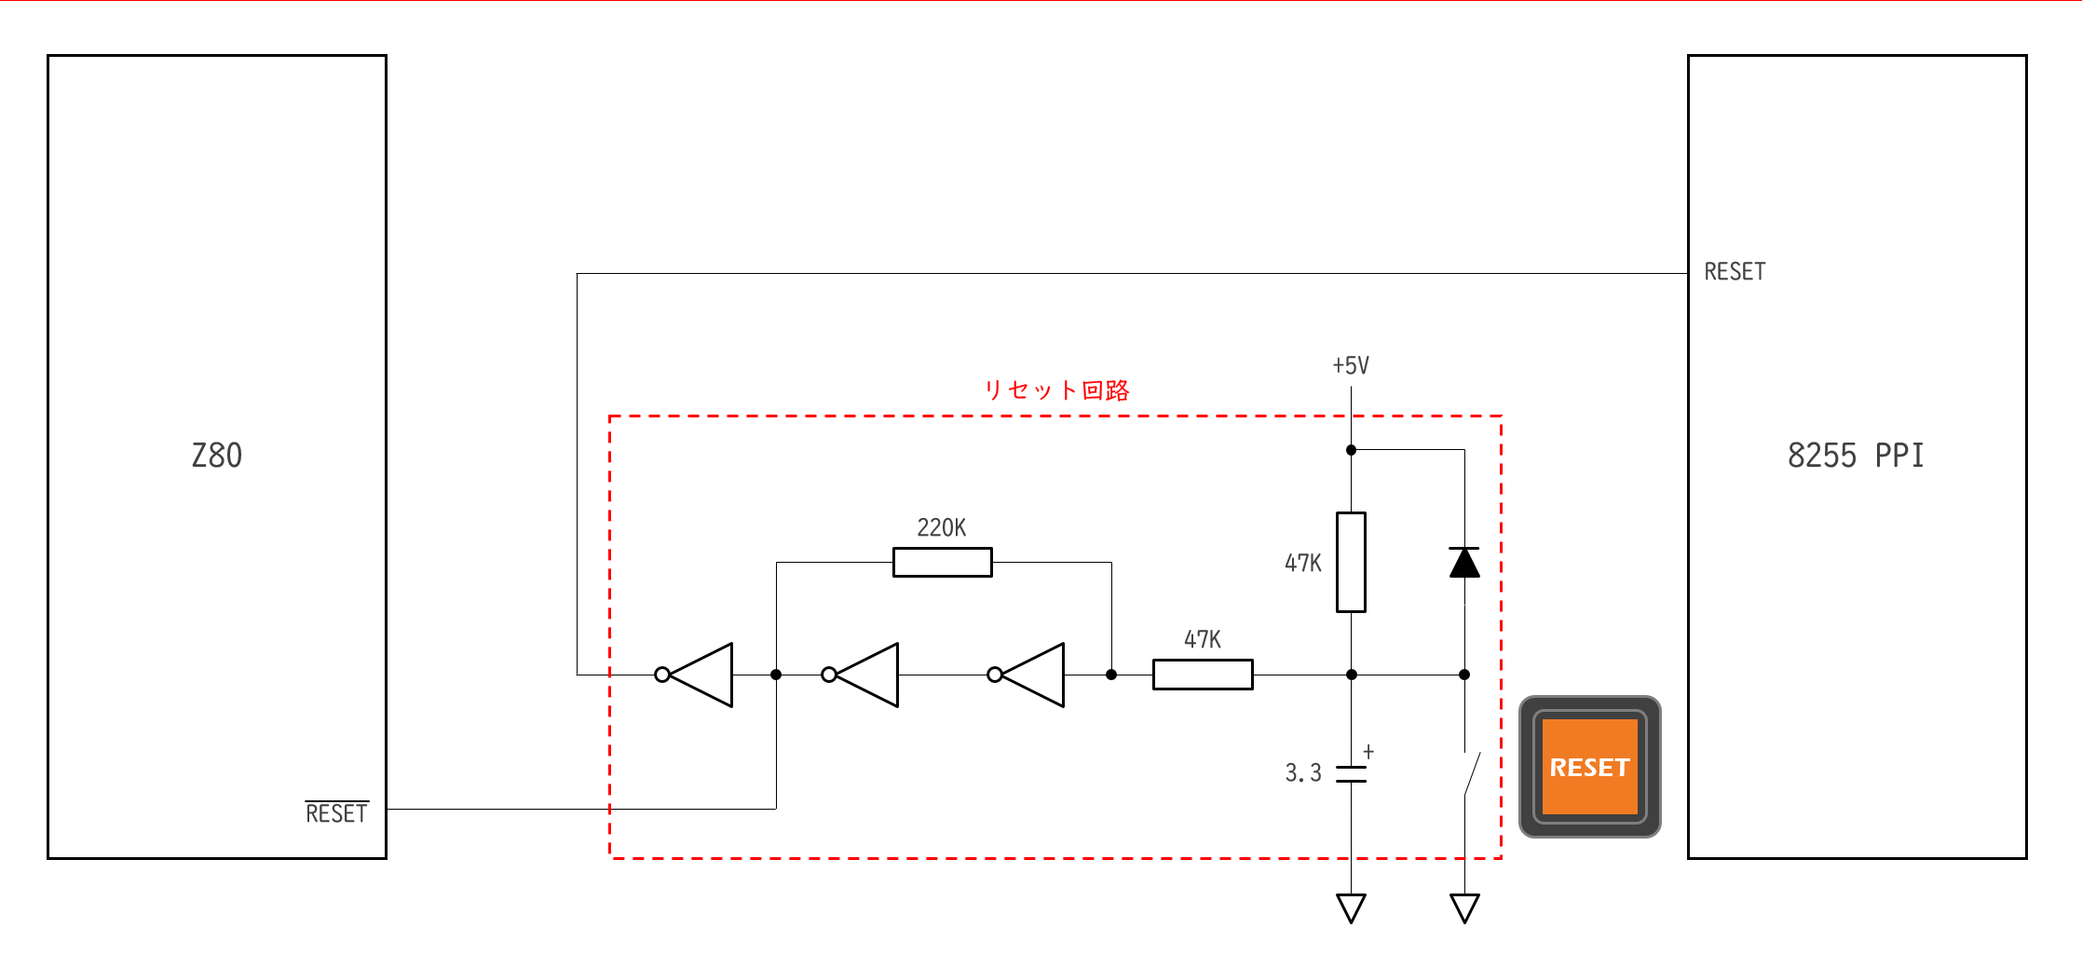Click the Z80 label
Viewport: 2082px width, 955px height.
point(216,455)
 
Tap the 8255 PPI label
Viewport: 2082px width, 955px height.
point(1855,455)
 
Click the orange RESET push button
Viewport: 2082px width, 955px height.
point(1589,767)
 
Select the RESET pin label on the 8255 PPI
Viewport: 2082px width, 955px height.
point(1735,271)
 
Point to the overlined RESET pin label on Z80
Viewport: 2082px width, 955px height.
point(336,812)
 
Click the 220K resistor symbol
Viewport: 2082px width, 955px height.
point(942,563)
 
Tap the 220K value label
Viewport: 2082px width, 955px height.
point(941,527)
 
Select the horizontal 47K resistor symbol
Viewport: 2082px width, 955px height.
point(1203,675)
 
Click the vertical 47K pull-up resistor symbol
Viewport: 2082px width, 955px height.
point(1351,562)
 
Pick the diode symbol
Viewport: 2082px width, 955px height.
point(1464,563)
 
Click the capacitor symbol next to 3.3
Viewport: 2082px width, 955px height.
point(1351,773)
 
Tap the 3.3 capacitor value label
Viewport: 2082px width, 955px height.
point(1302,772)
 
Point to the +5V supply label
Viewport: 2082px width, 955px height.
point(1351,365)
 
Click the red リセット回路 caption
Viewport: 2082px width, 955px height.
point(1057,389)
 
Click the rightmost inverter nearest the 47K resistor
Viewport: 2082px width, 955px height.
point(1027,675)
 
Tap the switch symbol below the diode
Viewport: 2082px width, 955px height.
point(1470,773)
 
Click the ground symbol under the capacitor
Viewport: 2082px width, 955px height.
point(1351,907)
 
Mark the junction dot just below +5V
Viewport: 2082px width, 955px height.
point(1351,450)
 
